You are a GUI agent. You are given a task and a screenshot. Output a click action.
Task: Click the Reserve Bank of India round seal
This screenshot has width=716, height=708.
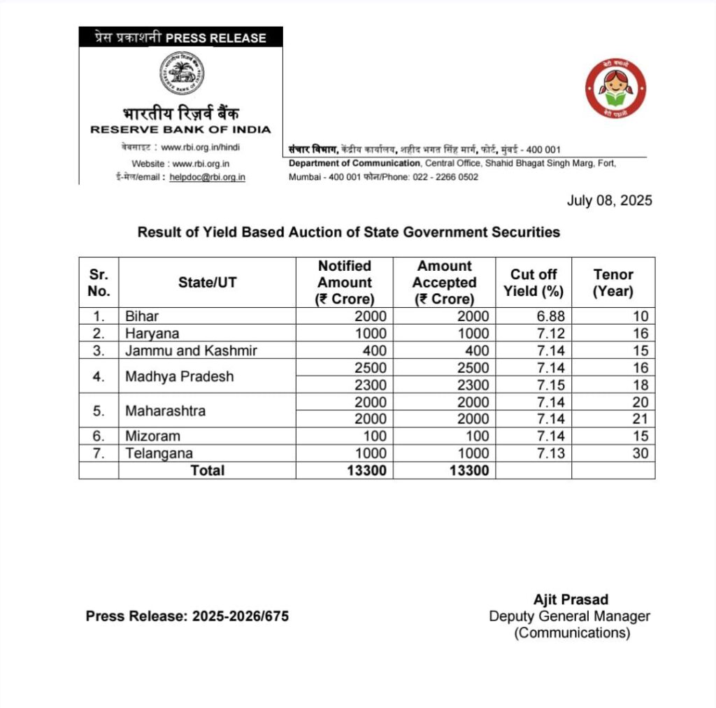181,73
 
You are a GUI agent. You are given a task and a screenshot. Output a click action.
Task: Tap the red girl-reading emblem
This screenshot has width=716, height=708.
615,88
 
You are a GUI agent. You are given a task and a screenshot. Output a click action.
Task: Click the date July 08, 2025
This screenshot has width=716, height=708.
609,201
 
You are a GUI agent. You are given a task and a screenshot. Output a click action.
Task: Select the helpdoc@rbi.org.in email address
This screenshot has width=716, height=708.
207,177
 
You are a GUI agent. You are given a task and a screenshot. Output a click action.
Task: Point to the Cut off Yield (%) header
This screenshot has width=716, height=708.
534,283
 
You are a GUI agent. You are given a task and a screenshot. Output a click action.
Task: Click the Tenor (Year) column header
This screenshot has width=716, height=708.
613,283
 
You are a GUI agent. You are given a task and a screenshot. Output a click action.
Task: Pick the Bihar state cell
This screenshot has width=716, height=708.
142,316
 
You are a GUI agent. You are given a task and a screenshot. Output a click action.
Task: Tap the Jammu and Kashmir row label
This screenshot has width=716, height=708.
190,351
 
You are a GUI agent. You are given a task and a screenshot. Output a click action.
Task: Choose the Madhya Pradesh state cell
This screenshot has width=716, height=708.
179,376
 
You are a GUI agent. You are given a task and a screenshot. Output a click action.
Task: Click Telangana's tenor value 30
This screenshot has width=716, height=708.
640,453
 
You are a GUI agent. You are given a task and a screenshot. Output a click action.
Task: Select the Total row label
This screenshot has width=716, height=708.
207,471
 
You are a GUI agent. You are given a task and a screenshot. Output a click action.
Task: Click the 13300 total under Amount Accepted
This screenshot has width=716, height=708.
466,471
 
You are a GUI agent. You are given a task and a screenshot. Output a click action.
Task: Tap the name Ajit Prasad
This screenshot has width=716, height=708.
571,600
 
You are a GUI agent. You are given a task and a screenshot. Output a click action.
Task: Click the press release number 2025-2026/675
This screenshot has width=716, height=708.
240,616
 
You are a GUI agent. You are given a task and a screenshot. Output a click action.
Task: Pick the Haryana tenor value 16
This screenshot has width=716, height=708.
640,334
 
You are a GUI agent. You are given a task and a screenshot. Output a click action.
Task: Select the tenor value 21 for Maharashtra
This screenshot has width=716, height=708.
640,419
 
